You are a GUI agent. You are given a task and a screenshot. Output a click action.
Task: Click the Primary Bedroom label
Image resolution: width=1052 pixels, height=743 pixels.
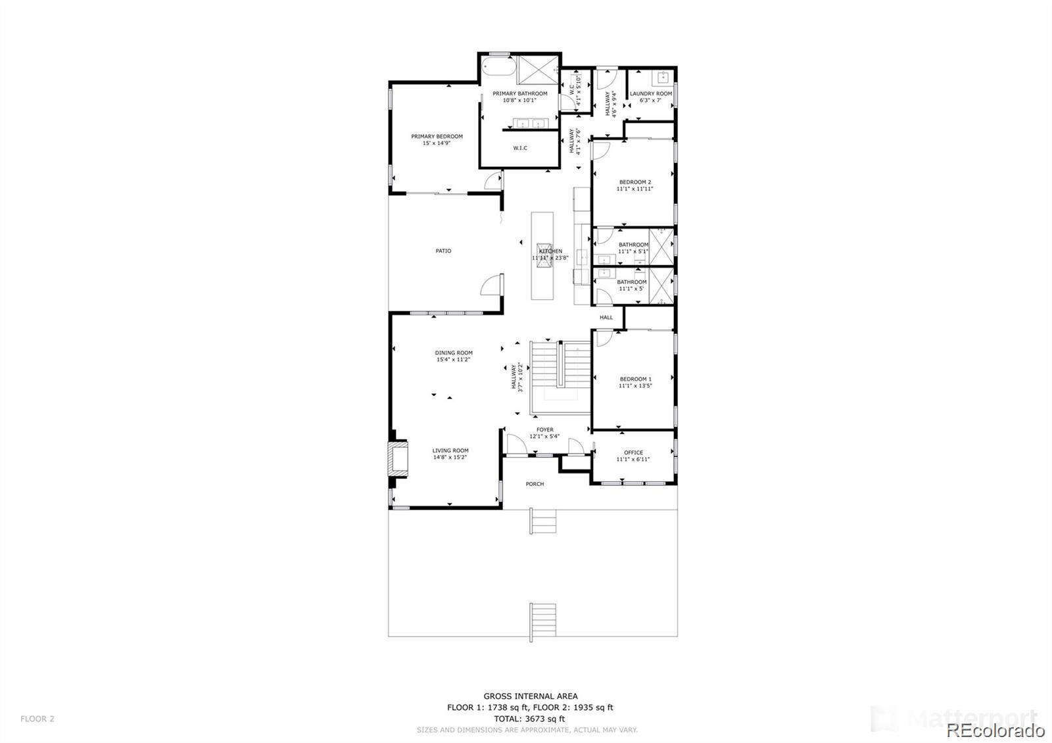[437, 137]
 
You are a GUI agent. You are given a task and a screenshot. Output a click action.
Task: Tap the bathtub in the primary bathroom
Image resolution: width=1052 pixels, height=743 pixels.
[498, 68]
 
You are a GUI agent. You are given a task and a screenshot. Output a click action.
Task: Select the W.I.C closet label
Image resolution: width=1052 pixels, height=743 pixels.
[520, 148]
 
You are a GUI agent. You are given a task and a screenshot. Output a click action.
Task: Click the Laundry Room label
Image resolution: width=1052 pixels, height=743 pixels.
[651, 94]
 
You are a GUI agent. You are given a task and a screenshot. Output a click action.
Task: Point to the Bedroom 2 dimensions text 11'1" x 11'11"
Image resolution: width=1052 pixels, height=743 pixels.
[634, 189]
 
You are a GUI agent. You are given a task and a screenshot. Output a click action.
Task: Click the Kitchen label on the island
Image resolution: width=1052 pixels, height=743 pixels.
[550, 251]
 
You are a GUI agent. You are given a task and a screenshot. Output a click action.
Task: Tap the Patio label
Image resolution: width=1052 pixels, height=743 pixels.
[443, 251]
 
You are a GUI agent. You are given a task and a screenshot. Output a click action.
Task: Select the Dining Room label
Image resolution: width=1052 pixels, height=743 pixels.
[454, 353]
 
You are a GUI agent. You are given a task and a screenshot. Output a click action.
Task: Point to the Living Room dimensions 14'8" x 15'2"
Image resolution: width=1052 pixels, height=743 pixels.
[450, 458]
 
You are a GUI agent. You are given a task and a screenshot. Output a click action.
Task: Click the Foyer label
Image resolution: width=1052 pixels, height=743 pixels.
[544, 430]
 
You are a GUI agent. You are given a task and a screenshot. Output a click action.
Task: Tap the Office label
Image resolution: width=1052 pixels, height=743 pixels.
[633, 452]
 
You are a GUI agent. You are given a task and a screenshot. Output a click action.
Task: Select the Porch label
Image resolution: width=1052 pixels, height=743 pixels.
[535, 484]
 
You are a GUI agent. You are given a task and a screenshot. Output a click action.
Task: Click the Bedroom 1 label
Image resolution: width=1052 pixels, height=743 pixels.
[635, 379]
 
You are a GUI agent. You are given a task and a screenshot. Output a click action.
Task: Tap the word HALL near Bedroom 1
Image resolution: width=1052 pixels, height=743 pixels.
[606, 318]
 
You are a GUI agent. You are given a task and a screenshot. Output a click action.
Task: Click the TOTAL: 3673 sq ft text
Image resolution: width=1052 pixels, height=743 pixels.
[531, 719]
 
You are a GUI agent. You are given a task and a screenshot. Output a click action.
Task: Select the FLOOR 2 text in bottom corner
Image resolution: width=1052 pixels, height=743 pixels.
[37, 719]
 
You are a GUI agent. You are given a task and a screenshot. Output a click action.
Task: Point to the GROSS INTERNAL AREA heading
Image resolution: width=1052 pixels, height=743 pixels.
[531, 696]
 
